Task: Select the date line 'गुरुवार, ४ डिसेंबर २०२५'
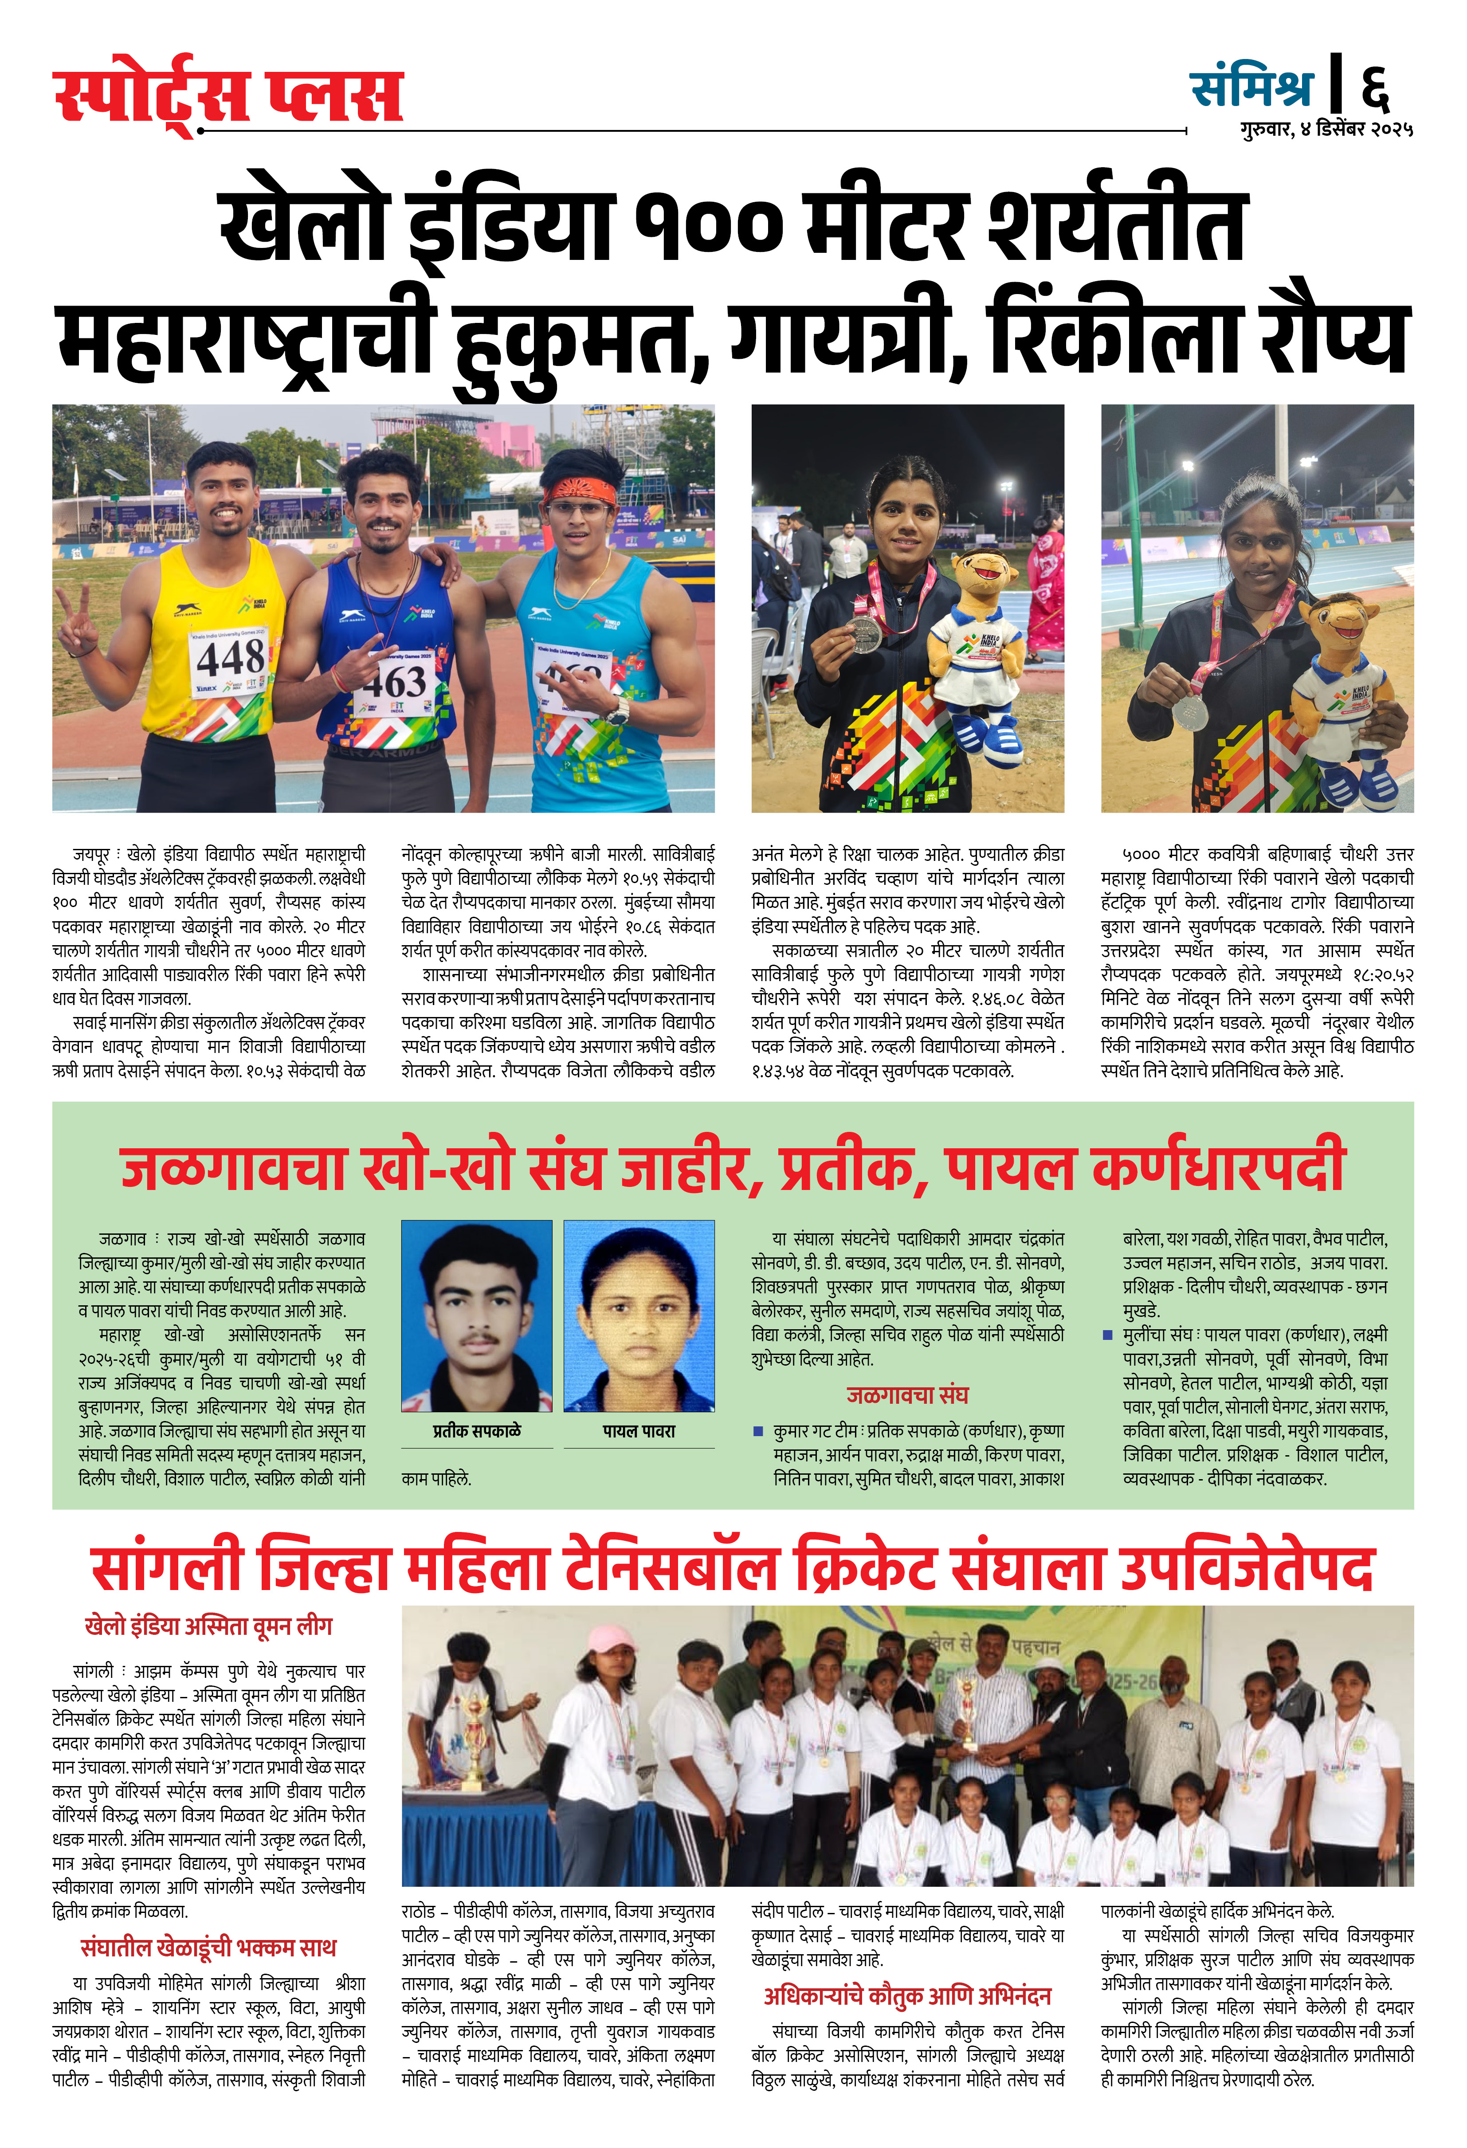click(1326, 130)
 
